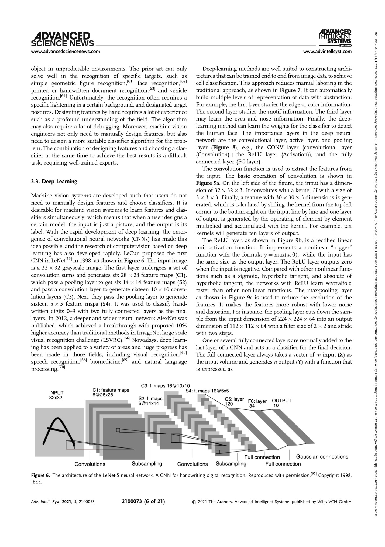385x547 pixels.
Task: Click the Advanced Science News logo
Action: coord(63,39)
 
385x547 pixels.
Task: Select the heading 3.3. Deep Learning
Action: coord(54,181)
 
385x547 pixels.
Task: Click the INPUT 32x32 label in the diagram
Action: coord(56,395)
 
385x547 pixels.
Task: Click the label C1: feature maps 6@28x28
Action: coord(111,392)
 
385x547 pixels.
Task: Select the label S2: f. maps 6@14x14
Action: coord(150,401)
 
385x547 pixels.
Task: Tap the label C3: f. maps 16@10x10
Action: coord(165,385)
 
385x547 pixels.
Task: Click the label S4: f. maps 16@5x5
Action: coord(207,390)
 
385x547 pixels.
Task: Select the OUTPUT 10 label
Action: coord(281,403)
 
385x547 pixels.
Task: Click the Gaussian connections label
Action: coord(322,457)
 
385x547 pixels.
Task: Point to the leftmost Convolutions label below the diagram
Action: coord(90,464)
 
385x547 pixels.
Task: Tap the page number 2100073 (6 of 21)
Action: coord(143,502)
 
